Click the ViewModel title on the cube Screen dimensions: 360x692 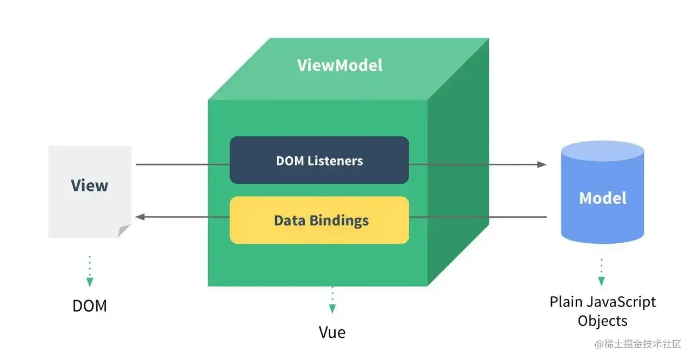pos(340,65)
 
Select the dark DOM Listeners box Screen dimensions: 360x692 pos(319,161)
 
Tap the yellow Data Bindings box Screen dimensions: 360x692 pos(319,221)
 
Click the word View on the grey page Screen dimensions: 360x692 pos(89,185)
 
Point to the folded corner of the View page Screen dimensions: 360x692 pos(124,231)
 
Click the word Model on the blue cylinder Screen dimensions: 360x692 pos(602,198)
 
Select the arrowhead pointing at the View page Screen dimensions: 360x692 pos(140,217)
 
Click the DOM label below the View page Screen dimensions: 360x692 pos(90,306)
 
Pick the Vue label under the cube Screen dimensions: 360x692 pos(332,332)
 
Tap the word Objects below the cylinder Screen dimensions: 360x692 pos(602,321)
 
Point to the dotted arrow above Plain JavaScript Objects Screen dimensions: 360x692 pos(601,272)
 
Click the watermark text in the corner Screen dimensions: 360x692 pos(638,344)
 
